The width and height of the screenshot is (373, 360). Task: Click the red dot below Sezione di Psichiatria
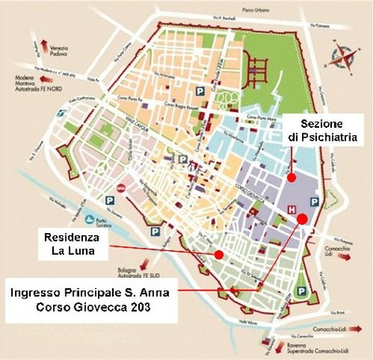click(291, 175)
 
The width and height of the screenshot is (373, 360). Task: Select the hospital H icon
click(292, 211)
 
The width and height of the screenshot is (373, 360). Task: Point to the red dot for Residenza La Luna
click(218, 253)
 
